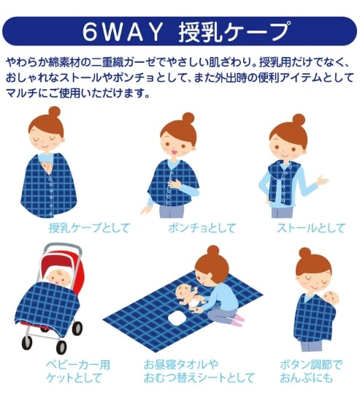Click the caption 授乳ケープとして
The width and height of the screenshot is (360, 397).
click(89, 227)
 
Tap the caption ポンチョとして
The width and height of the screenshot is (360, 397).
click(202, 227)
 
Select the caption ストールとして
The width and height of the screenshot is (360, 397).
click(311, 228)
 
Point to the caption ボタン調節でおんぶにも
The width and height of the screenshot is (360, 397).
click(310, 371)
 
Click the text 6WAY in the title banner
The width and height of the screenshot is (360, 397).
click(123, 32)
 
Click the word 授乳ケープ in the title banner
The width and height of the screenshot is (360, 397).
click(234, 31)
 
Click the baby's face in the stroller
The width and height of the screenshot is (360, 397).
click(58, 278)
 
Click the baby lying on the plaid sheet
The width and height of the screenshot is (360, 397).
click(191, 298)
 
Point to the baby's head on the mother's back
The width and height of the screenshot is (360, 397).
click(331, 299)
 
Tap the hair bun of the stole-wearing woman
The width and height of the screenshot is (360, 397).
click(299, 120)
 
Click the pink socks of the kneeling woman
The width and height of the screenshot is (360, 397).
click(238, 320)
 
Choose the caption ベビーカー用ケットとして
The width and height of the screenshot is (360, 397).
click(78, 371)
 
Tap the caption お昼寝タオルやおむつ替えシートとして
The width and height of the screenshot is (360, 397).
click(199, 371)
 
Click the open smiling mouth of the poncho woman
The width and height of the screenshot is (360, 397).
click(175, 152)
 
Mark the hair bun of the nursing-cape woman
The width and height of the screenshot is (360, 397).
click(54, 112)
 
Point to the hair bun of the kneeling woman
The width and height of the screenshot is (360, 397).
click(213, 251)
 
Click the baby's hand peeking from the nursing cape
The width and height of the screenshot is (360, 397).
click(47, 166)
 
